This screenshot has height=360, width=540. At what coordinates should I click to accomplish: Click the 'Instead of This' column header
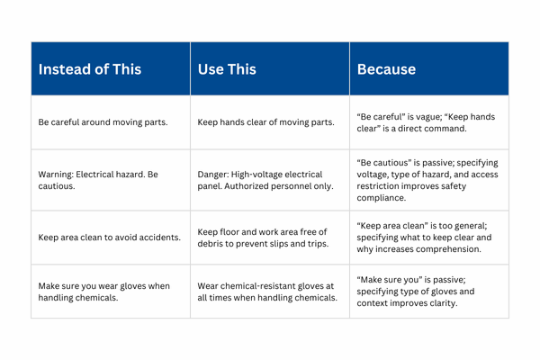click(89, 69)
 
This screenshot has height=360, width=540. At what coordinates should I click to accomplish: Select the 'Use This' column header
click(227, 69)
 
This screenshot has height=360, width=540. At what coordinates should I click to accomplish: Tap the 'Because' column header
click(386, 69)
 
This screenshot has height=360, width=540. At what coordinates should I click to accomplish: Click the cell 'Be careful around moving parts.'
click(103, 122)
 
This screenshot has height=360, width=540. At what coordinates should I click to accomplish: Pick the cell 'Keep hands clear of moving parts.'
click(265, 122)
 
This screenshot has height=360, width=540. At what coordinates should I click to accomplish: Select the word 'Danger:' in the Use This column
click(216, 174)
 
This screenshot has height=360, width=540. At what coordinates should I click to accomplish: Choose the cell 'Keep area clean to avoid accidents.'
click(109, 238)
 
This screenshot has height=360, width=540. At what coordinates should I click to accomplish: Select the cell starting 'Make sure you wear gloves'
click(103, 292)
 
